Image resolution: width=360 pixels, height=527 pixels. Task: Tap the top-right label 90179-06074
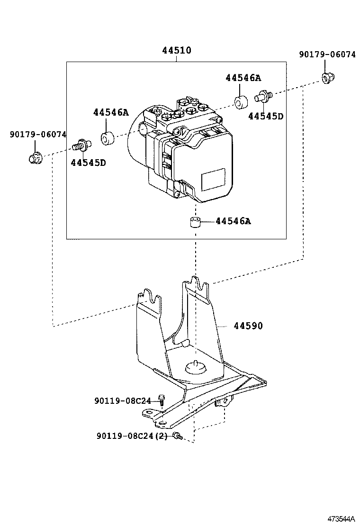click(327, 55)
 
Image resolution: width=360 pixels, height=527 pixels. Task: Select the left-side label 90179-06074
click(38, 135)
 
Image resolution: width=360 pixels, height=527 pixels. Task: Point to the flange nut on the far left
click(34, 158)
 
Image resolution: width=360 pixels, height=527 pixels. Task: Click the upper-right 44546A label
click(243, 78)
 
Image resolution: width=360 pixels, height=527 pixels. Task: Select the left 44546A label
click(111, 112)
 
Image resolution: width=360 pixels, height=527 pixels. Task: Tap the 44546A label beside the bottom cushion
click(233, 221)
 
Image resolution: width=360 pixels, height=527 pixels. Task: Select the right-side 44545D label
click(265, 116)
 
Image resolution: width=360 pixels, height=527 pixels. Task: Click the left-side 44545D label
click(88, 163)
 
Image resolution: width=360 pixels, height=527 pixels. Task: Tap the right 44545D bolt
click(263, 96)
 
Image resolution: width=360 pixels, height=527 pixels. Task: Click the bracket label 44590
click(248, 326)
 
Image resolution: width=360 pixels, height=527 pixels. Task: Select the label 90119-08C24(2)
click(132, 436)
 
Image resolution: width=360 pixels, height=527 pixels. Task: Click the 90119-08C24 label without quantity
click(122, 401)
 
